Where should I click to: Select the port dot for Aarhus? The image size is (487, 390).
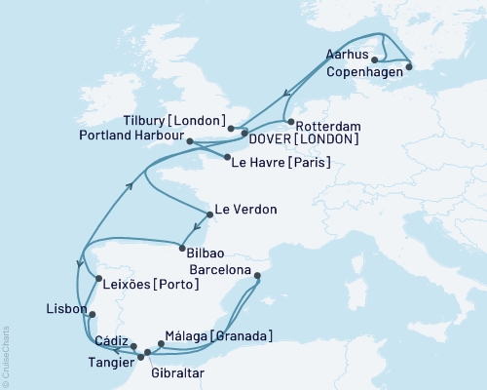(376, 60)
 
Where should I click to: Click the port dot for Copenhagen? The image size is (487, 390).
(408, 67)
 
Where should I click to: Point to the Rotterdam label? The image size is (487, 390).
(329, 127)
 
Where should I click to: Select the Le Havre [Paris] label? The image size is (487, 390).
(278, 162)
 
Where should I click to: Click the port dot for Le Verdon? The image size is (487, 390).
(210, 214)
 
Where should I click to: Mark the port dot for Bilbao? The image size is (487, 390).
(182, 245)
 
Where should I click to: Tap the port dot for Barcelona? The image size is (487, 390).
(257, 276)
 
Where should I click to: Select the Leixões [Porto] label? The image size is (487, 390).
(150, 284)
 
